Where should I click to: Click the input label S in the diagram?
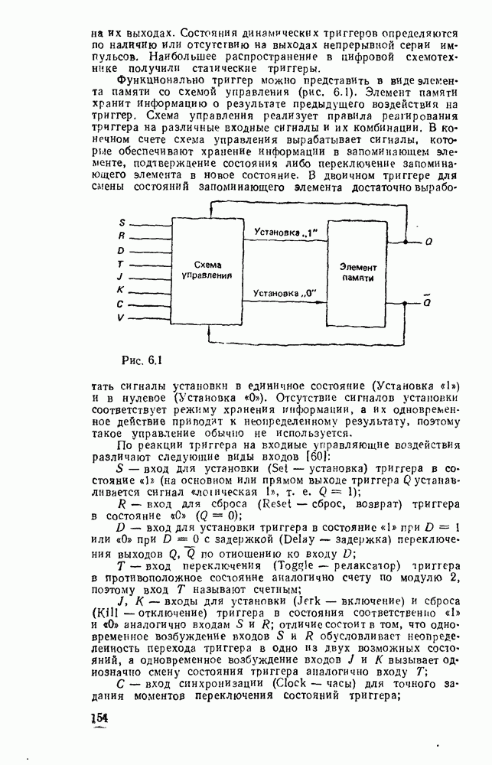(x=122, y=222)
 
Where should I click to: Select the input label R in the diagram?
(x=122, y=236)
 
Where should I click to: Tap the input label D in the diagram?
(x=122, y=250)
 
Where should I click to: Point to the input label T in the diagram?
(x=122, y=264)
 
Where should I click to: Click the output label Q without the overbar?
(x=428, y=242)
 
